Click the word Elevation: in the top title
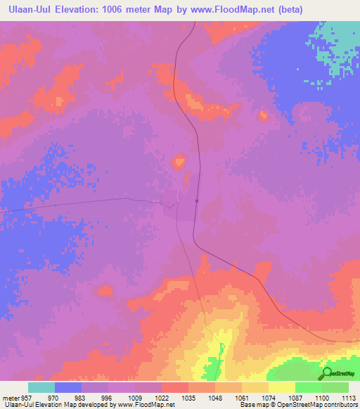(84, 10)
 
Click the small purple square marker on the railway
(197, 200)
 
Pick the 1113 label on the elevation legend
(349, 397)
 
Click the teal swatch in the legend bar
(41, 387)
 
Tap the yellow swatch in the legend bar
(281, 387)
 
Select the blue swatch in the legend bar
(68, 387)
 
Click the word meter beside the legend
(11, 397)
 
